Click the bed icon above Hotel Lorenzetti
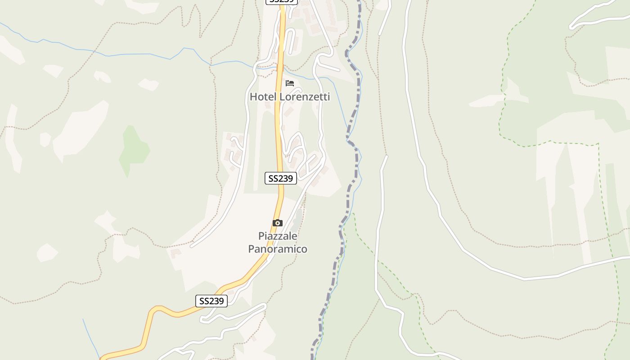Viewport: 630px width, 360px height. [x=290, y=83]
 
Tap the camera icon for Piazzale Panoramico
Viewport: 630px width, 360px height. [x=278, y=223]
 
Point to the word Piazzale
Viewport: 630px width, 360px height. [x=278, y=236]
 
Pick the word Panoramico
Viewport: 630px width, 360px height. [x=278, y=249]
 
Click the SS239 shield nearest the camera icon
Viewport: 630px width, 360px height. [x=281, y=178]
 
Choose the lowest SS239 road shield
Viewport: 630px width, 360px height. [x=211, y=301]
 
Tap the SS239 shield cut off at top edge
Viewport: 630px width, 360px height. [x=282, y=1]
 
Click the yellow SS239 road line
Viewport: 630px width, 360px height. [x=279, y=135]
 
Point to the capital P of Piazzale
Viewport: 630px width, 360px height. [x=261, y=236]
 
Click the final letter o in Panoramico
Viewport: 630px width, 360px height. [x=304, y=249]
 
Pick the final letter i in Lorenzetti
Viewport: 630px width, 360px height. [x=328, y=97]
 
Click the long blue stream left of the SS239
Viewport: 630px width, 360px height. [x=135, y=55]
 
